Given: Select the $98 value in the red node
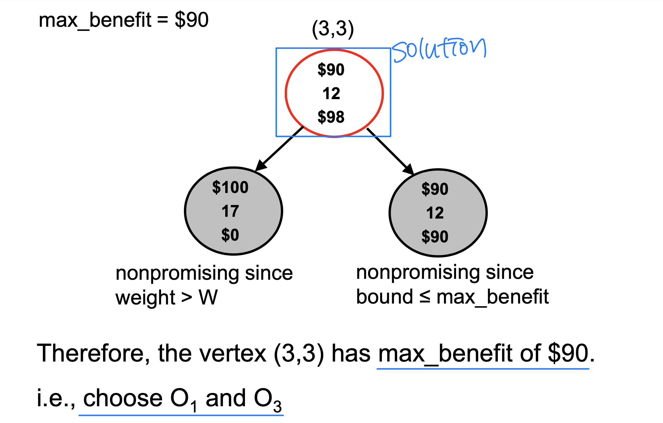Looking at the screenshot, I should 331,117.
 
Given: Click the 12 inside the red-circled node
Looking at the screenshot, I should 331,94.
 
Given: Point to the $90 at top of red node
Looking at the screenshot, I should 331,70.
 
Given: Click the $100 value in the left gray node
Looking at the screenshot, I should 230,187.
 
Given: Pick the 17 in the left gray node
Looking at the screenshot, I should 230,211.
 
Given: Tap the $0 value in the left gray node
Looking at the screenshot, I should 230,235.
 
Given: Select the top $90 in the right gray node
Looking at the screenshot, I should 435,189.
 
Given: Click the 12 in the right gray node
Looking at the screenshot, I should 435,213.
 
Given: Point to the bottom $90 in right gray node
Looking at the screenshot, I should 435,237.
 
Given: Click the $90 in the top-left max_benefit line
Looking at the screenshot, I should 192,20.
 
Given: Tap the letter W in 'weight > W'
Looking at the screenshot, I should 208,297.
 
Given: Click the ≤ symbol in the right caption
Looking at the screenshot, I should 425,297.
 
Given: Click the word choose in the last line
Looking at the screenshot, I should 123,398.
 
